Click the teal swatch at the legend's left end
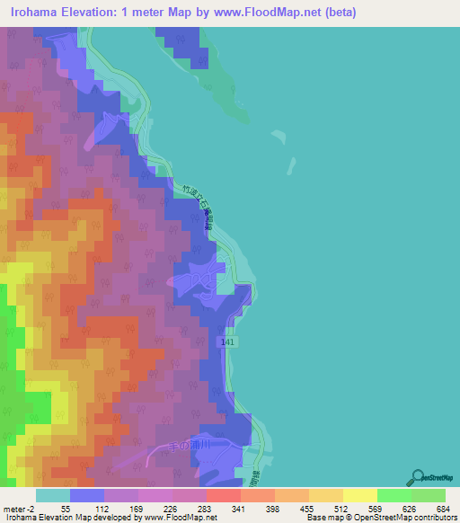click(52, 495)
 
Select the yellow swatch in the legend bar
click(359, 495)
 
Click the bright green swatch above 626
click(394, 495)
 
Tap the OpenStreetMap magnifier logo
click(417, 477)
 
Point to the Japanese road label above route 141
click(196, 206)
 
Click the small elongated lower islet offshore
click(289, 166)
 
